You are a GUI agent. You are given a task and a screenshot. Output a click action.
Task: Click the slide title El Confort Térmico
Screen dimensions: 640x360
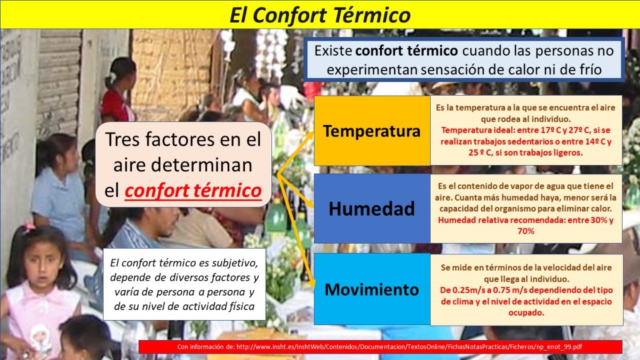point(320,15)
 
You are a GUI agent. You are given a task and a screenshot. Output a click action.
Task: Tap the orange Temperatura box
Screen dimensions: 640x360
point(372,131)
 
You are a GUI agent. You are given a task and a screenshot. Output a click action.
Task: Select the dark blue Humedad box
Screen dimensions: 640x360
point(372,209)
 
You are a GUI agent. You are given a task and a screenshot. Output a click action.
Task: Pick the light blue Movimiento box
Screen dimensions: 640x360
point(372,289)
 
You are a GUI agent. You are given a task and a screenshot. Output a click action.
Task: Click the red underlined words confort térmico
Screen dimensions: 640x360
point(193,191)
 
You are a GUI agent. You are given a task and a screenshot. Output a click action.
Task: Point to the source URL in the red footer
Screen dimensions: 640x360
point(409,347)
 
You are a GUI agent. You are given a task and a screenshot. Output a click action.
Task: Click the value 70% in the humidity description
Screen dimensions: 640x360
point(526,231)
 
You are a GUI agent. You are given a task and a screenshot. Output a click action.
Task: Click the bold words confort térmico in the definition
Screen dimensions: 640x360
point(406,51)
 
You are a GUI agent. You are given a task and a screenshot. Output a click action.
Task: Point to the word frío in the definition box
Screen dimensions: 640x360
point(591,69)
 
